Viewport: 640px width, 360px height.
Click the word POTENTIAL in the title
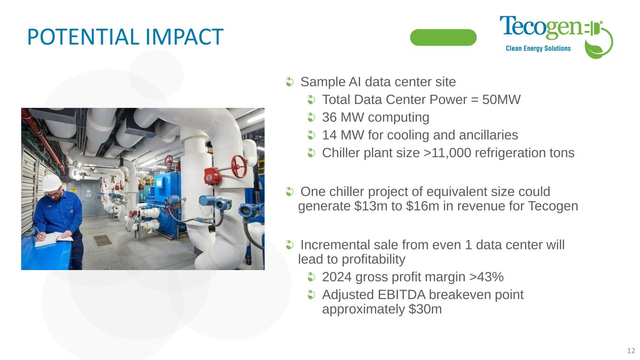point(84,37)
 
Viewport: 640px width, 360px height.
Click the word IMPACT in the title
point(185,37)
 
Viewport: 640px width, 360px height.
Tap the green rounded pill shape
point(443,37)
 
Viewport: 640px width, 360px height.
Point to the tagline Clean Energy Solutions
point(538,48)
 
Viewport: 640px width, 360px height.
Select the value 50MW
point(501,99)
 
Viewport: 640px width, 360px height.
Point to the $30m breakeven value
point(425,309)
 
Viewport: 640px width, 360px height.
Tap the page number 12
point(631,351)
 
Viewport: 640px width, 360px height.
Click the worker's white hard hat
point(52,182)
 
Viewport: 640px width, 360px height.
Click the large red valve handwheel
point(239,166)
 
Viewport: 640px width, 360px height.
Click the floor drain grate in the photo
point(103,240)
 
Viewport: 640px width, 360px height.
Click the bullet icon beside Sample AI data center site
point(290,82)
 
